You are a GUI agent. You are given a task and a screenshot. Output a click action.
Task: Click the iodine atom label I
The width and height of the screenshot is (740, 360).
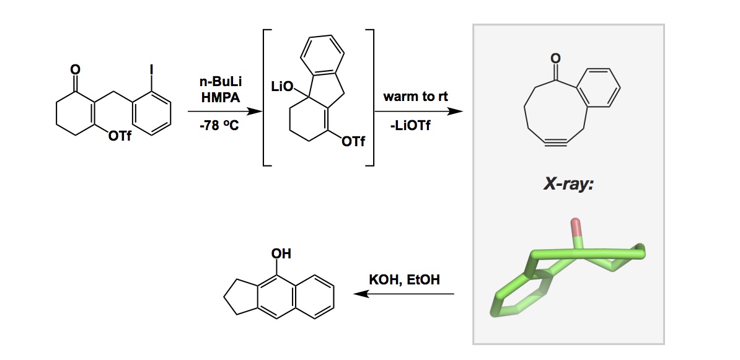(151, 70)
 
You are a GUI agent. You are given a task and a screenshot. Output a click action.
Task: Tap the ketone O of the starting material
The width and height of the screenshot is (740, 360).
(76, 70)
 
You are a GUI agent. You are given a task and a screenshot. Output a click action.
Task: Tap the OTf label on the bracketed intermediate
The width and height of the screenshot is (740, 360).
(353, 141)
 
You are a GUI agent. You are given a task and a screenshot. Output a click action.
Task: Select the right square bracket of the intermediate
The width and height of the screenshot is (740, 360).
(369, 97)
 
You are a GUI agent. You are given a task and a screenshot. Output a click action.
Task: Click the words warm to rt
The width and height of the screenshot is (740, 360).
(415, 97)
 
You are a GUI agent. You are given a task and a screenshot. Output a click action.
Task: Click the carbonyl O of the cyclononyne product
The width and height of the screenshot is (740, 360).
(556, 58)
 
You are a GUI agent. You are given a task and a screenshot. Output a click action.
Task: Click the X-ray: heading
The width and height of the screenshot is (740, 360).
(568, 184)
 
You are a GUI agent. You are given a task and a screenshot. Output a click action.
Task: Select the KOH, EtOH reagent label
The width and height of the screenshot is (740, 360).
(404, 280)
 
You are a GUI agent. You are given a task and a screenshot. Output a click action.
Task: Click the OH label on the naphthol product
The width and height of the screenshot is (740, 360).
(281, 254)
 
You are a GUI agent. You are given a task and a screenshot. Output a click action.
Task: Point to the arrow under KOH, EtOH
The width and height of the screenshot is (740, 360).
(403, 294)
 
